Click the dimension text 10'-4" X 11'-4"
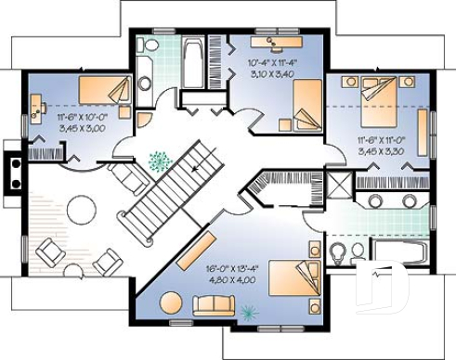271,63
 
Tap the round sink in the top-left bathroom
145,83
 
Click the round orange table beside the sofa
171,302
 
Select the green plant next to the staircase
160,161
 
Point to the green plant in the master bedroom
248,312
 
